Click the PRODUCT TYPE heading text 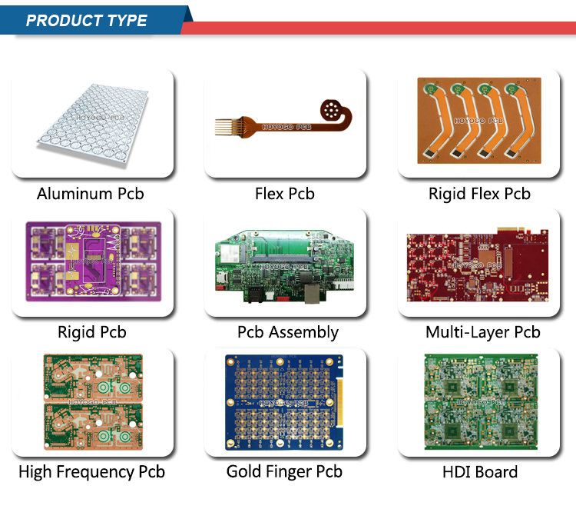click(87, 21)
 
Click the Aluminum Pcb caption click(91, 194)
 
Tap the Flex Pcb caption click(285, 194)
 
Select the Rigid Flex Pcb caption click(479, 194)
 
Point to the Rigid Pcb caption click(92, 332)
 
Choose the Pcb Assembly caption click(288, 332)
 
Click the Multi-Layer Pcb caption click(483, 332)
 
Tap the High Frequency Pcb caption click(92, 472)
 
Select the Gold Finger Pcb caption click(284, 472)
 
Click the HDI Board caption click(480, 472)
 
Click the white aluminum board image click(93, 125)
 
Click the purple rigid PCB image click(93, 261)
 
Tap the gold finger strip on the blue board click(339, 403)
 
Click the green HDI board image click(481, 401)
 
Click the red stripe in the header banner click(379, 28)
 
